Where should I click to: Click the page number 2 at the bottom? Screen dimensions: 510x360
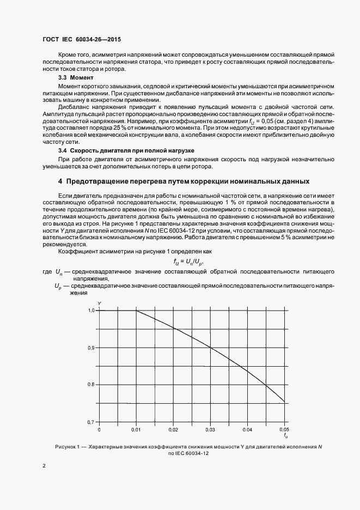pyautogui.click(x=44, y=466)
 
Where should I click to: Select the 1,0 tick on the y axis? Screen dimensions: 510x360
pyautogui.click(x=91, y=310)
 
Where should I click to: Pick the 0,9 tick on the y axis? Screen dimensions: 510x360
pyautogui.click(x=91, y=348)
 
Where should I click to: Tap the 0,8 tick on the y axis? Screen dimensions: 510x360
pyautogui.click(x=91, y=385)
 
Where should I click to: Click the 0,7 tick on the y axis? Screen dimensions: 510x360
pyautogui.click(x=91, y=422)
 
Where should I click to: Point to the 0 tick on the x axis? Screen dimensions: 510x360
pyautogui.click(x=99, y=429)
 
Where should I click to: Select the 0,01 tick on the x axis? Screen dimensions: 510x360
pyautogui.click(x=136, y=429)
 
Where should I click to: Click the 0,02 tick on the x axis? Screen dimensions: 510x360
pyautogui.click(x=173, y=429)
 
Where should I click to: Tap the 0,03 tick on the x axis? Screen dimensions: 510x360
pyautogui.click(x=210, y=429)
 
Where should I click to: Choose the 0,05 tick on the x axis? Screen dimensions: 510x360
pyautogui.click(x=284, y=429)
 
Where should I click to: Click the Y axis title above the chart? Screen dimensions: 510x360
pyautogui.click(x=99, y=302)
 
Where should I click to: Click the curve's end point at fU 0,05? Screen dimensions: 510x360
pyautogui.click(x=284, y=403)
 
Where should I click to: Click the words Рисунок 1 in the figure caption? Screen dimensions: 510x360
pyautogui.click(x=68, y=446)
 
